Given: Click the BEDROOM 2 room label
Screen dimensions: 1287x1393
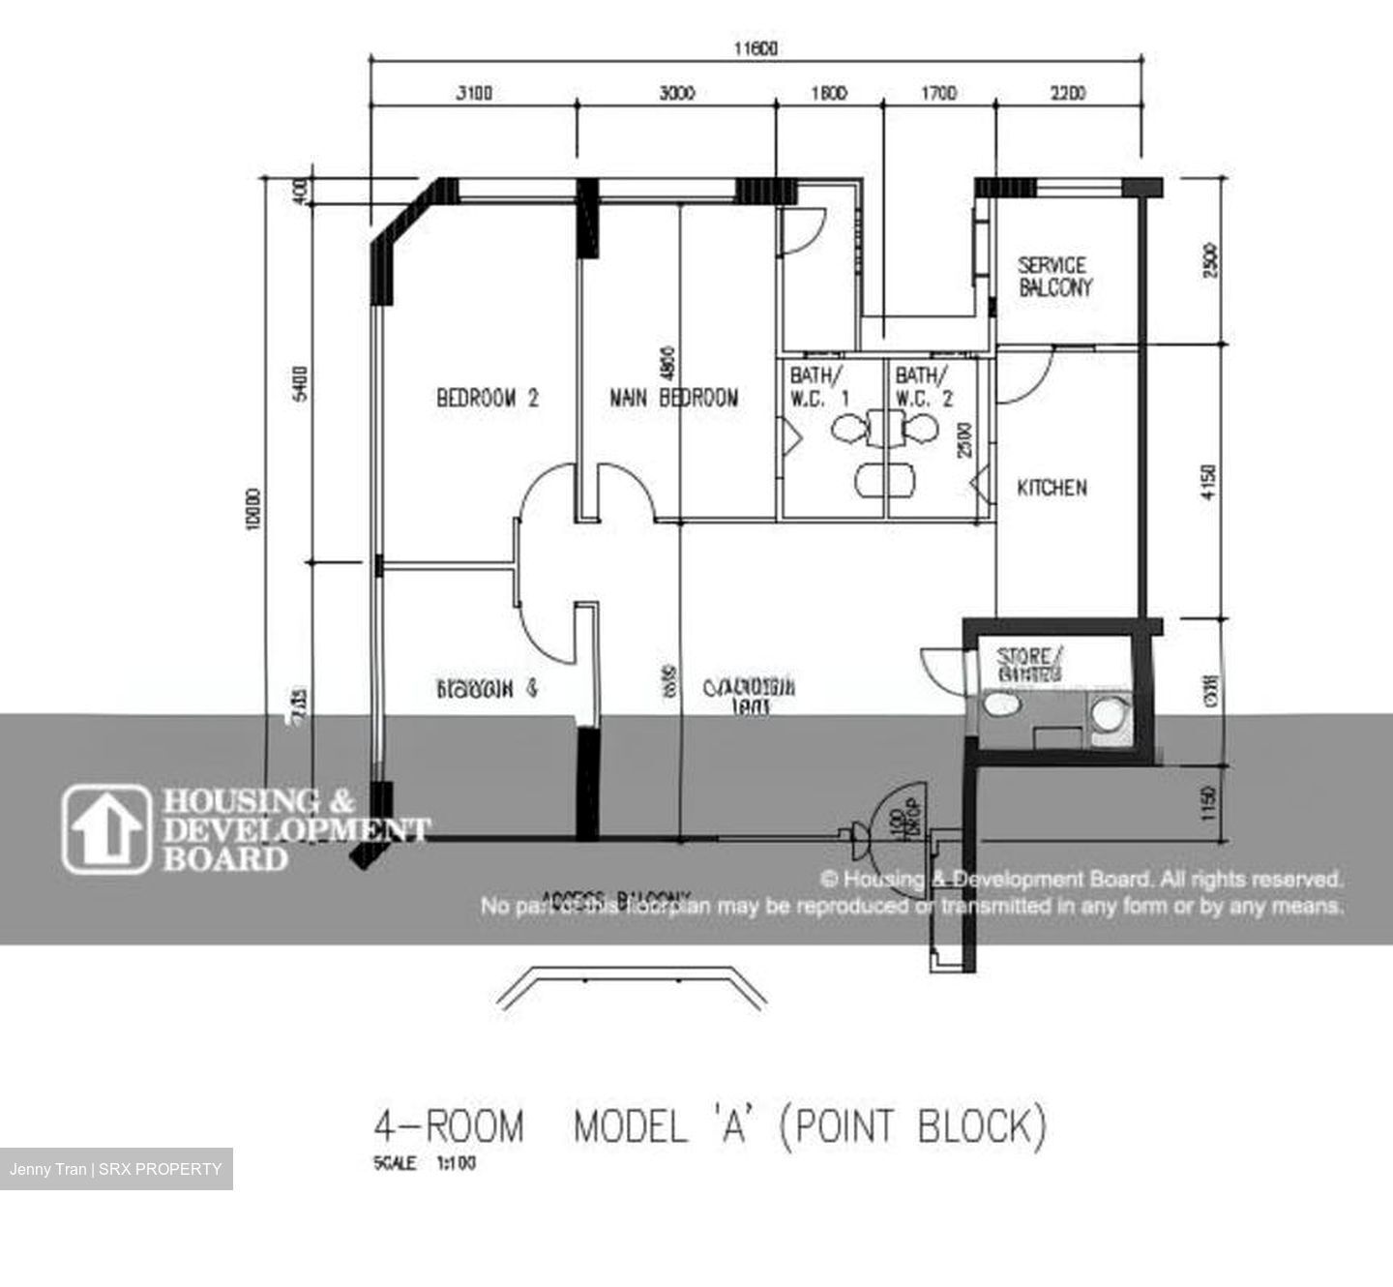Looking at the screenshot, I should coord(487,398).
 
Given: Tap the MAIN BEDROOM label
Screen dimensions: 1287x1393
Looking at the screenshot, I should coord(674,398).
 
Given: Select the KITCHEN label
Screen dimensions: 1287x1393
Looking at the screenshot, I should coord(1052,488).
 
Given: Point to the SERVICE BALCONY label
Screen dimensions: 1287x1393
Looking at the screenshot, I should coord(1053,276).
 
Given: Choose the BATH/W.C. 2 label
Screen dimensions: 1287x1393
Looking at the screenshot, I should coord(923,386).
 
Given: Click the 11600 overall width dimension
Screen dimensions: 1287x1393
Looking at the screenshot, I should coord(755,48).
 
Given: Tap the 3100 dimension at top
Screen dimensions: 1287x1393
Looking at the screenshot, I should coord(474,93).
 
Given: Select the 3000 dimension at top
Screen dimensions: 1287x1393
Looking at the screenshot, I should coord(677,93).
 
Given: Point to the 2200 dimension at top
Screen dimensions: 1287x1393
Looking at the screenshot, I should coord(1068,93).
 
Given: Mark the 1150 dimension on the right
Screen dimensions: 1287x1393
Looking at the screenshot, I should coord(1208,802).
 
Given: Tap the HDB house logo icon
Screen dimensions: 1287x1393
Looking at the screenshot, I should coord(106,829).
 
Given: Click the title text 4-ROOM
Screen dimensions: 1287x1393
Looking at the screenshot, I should coord(448,1128).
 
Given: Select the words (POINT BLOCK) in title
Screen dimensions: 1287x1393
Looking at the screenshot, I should coord(912,1128).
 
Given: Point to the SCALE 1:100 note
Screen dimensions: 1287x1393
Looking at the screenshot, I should coord(424,1163).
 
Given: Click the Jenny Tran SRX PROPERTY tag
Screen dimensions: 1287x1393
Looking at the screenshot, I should coord(116,1169).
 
